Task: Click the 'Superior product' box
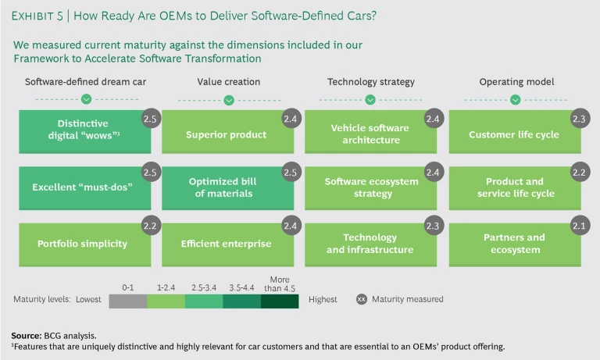point(227,134)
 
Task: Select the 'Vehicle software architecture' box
point(370,134)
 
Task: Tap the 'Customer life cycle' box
point(513,134)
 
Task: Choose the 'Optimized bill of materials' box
point(227,187)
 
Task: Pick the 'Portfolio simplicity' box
point(82,244)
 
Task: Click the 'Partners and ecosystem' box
point(513,244)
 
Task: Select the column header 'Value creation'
point(229,81)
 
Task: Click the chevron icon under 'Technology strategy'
point(371,99)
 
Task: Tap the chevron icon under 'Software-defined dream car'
point(86,99)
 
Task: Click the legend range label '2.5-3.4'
point(203,286)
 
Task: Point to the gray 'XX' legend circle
point(362,299)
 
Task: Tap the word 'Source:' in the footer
point(26,334)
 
